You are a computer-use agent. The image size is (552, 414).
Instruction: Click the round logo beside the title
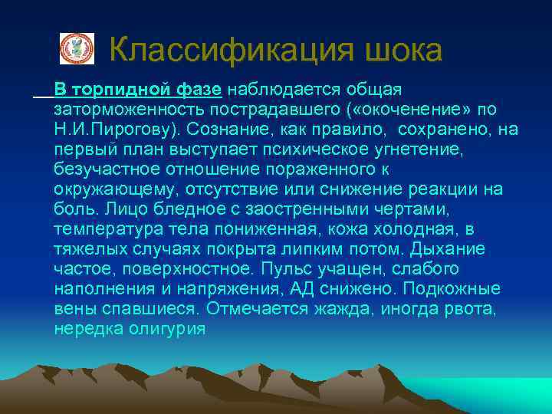coord(77,48)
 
